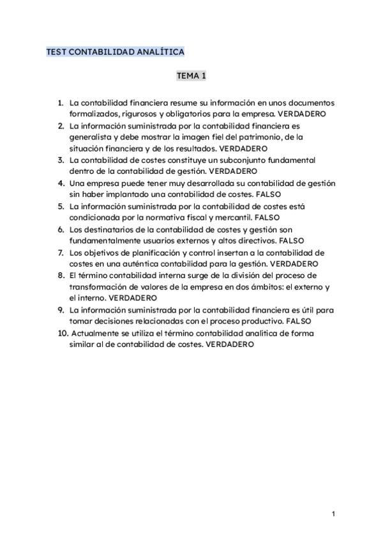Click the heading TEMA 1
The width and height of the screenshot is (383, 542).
tap(191, 76)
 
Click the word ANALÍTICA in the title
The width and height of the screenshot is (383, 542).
tap(158, 51)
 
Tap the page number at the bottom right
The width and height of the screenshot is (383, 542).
tap(333, 513)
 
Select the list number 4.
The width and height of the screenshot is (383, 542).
tap(61, 183)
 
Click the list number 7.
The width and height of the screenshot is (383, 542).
tap(61, 252)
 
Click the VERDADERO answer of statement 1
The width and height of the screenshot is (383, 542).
tap(303, 114)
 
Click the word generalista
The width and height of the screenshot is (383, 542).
tap(90, 137)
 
